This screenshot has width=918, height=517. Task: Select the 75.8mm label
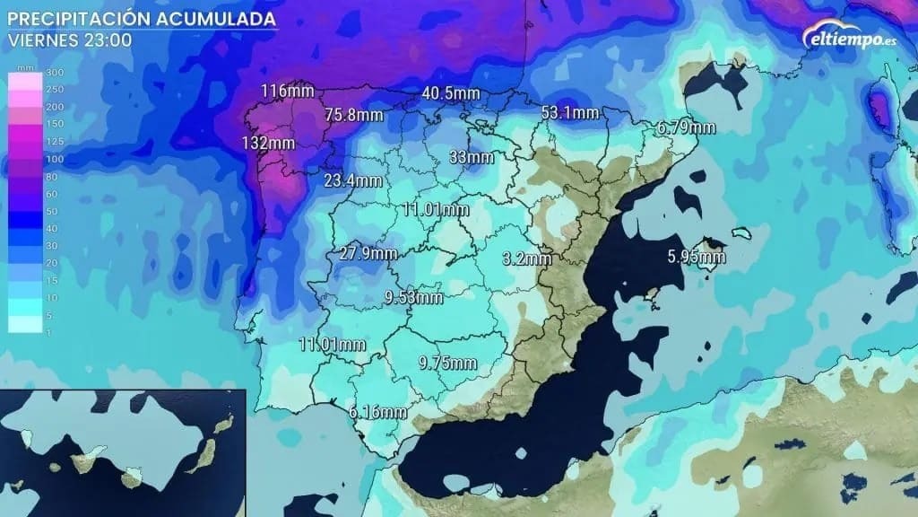pyautogui.click(x=354, y=114)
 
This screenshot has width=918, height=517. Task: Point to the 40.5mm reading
pyautogui.click(x=451, y=93)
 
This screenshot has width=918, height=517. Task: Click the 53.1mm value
pyautogui.click(x=570, y=112)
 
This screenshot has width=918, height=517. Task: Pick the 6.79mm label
pyautogui.click(x=687, y=127)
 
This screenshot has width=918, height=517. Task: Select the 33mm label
pyautogui.click(x=471, y=158)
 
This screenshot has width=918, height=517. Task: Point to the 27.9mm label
pyautogui.click(x=368, y=253)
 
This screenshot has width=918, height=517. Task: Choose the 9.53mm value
pyautogui.click(x=413, y=297)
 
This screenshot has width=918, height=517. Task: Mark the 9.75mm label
pyautogui.click(x=447, y=363)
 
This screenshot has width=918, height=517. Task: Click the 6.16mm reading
pyautogui.click(x=378, y=413)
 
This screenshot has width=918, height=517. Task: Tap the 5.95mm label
pyautogui.click(x=697, y=257)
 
